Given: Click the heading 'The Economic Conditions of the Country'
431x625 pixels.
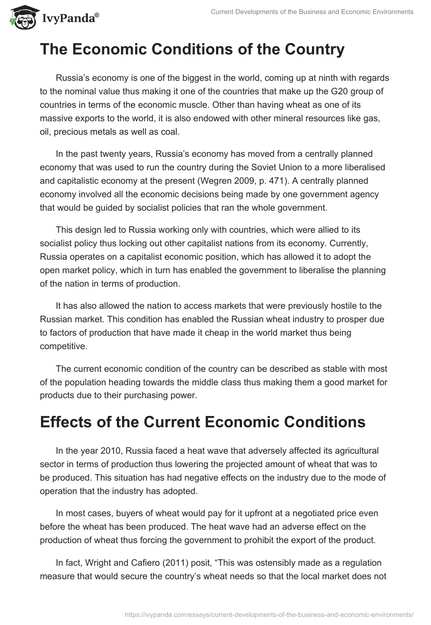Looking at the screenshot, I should (x=192, y=50).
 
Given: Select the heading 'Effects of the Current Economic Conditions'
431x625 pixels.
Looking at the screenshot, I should (x=203, y=421).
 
